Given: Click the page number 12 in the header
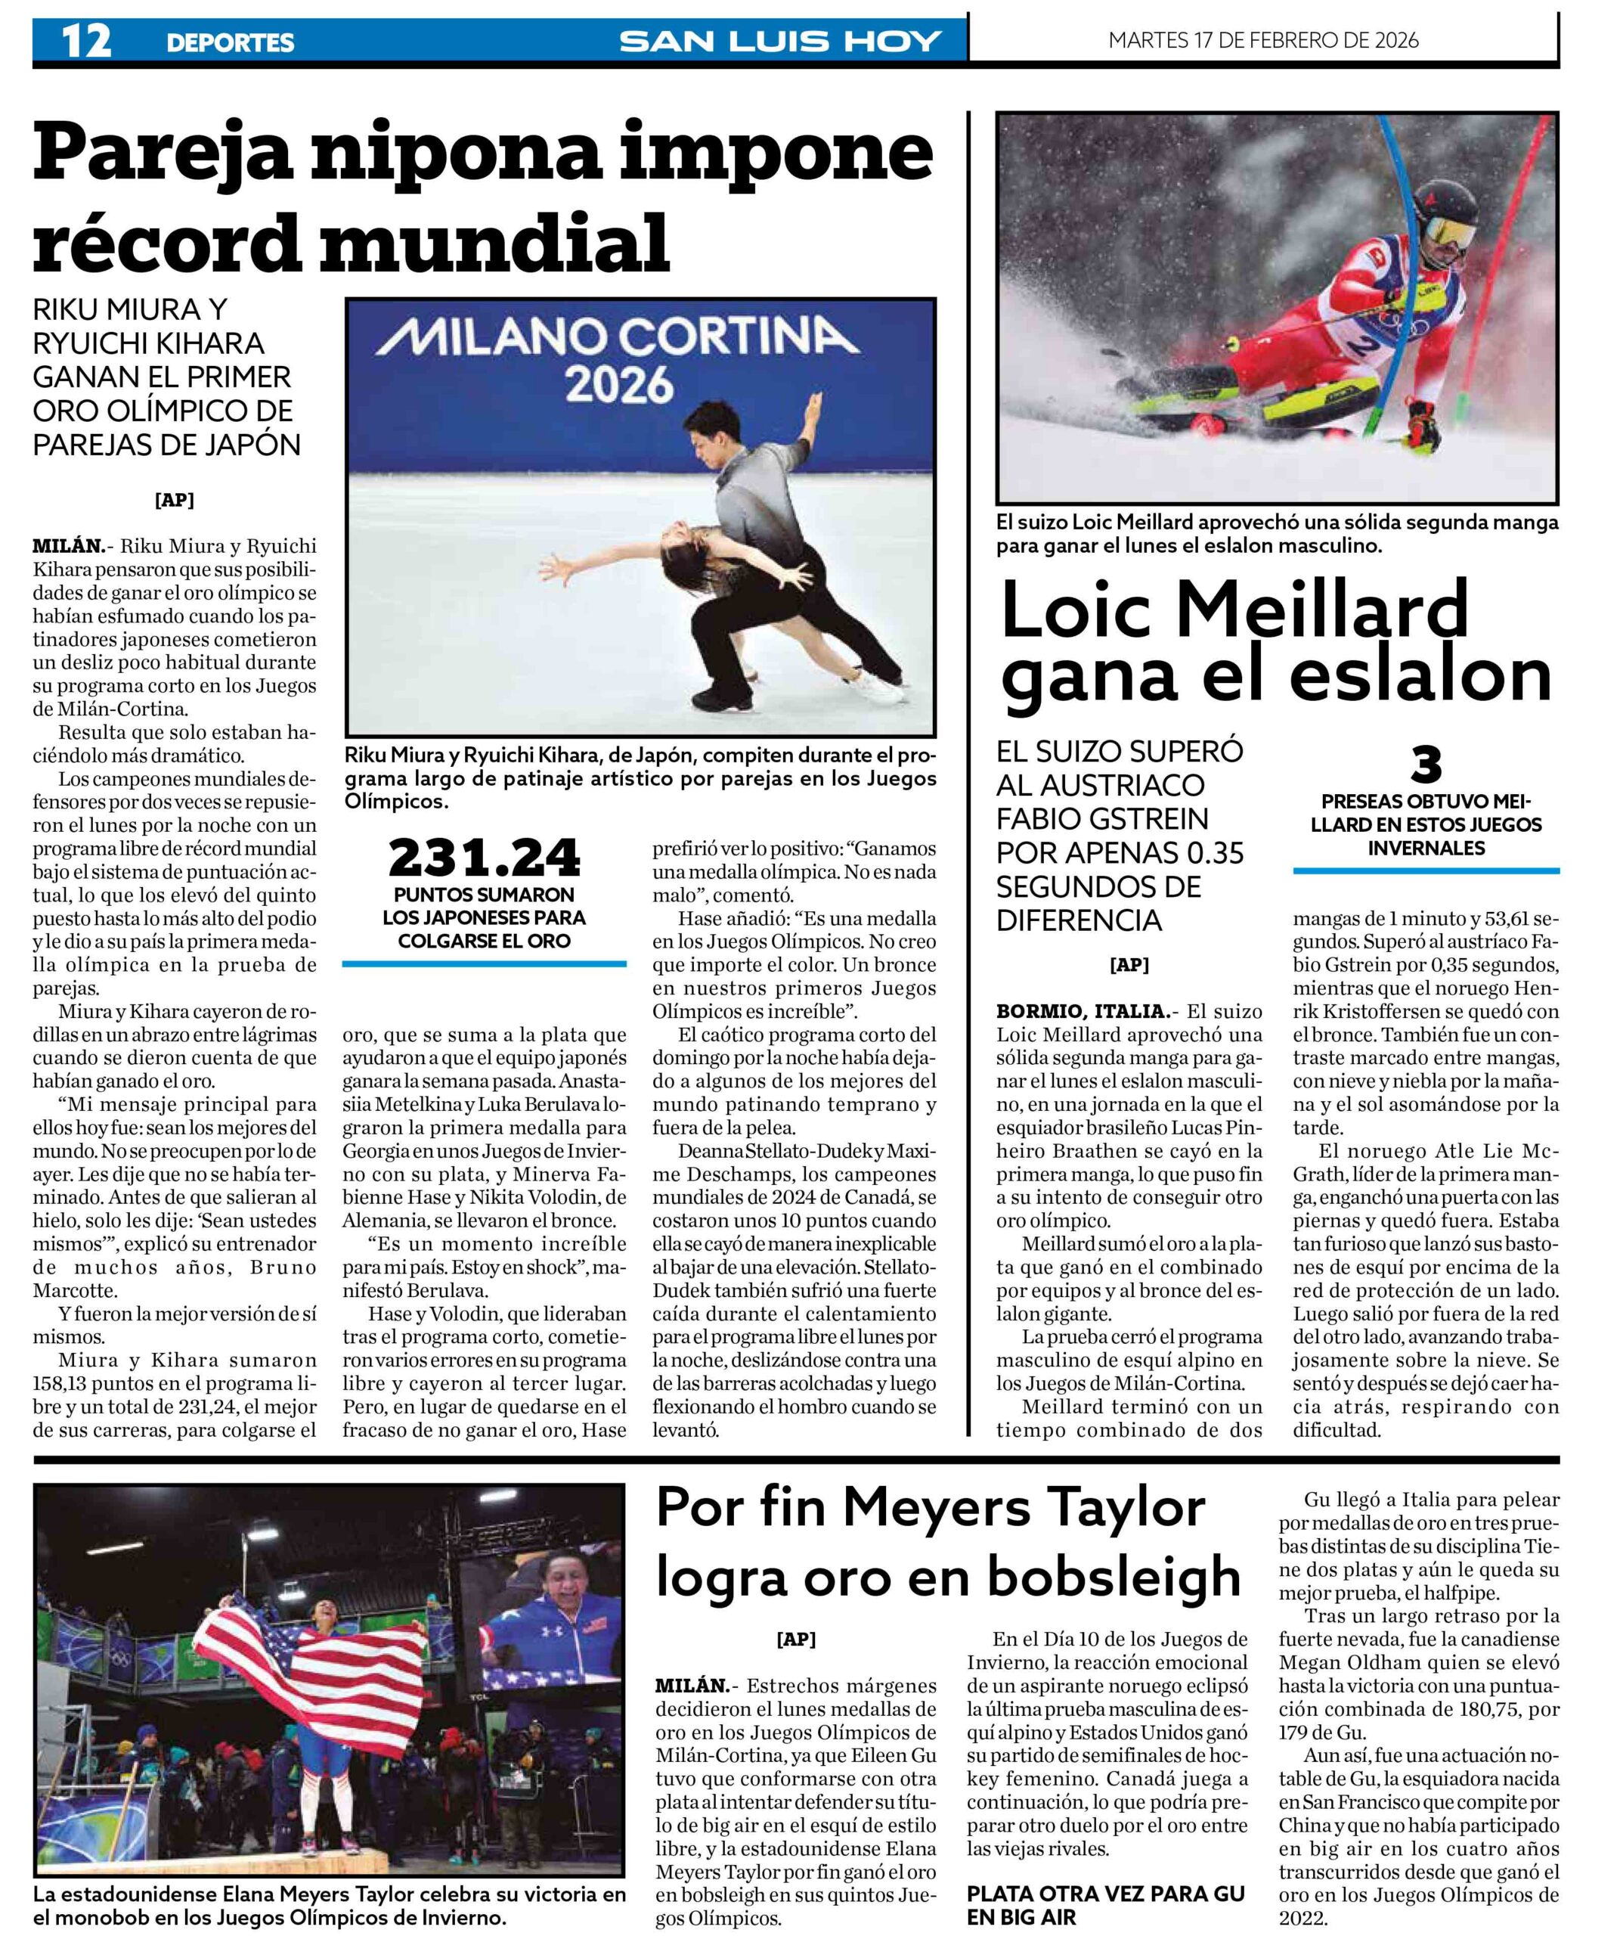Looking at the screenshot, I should click(x=85, y=41).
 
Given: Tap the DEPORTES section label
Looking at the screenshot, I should click(x=231, y=42).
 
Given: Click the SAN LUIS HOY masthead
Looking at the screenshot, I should click(x=779, y=42).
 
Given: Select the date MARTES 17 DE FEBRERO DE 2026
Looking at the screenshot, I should click(x=1263, y=41).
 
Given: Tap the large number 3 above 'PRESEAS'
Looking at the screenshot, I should click(x=1426, y=765).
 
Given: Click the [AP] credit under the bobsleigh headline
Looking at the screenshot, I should click(x=796, y=1639).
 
